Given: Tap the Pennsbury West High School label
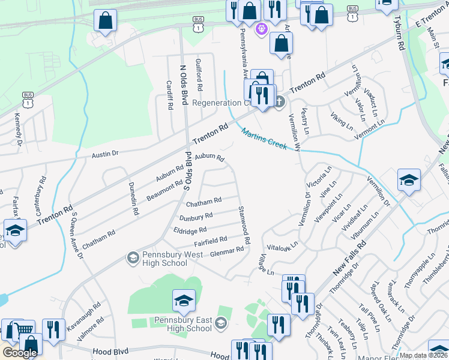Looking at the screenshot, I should click(x=164, y=259).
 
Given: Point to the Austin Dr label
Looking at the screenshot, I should click(x=105, y=154).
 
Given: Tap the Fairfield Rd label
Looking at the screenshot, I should click(x=210, y=241).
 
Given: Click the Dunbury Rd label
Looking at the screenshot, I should click(x=196, y=216).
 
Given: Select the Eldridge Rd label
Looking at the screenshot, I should click(x=190, y=229).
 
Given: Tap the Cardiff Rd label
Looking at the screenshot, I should click(x=170, y=94).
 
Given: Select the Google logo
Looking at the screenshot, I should click(x=19, y=353).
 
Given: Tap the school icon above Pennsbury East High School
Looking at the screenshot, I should click(x=184, y=301).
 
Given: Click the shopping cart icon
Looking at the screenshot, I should click(x=23, y=328).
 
